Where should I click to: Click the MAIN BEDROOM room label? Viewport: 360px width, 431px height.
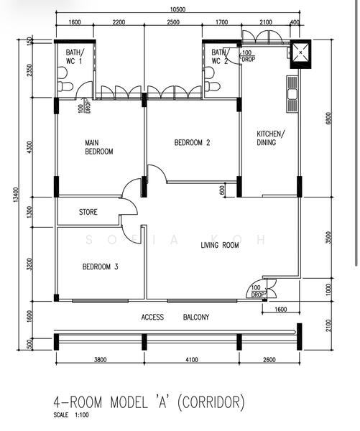(99, 147)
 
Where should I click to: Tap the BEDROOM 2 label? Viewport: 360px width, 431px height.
(193, 142)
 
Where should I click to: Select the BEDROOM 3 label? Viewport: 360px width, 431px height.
(101, 267)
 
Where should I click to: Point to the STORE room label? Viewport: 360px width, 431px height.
(88, 212)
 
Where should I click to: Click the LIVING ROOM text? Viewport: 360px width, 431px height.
(220, 245)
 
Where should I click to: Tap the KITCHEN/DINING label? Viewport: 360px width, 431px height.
(271, 138)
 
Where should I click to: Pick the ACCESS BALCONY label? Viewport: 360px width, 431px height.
(175, 318)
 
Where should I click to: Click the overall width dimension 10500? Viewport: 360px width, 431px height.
(177, 9)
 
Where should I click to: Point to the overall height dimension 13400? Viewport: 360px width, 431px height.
(16, 195)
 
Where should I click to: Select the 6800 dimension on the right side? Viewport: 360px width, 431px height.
(328, 119)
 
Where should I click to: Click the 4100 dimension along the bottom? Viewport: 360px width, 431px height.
(191, 360)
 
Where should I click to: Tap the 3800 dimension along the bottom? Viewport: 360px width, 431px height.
(100, 360)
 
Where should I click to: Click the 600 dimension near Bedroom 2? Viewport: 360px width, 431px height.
(222, 190)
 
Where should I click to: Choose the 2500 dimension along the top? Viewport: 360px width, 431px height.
(173, 22)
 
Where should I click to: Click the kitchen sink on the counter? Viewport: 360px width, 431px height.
(292, 94)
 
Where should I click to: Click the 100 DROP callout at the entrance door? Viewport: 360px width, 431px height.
(258, 291)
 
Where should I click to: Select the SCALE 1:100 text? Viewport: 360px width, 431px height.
(71, 414)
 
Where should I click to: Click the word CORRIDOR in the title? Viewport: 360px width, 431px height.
(211, 402)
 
